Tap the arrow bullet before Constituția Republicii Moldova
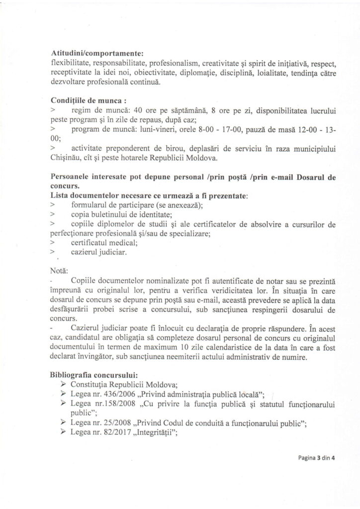click(x=63, y=381)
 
